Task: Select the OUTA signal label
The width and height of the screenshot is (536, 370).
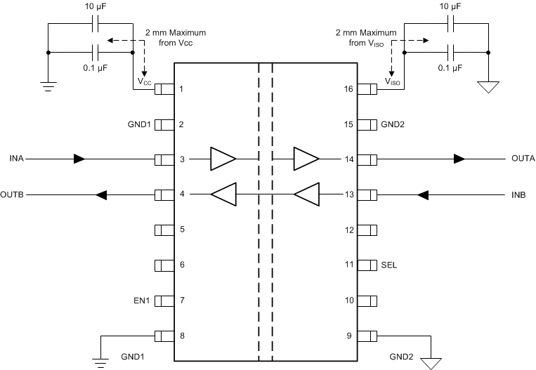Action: tap(523, 159)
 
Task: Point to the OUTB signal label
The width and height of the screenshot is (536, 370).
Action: tap(13, 194)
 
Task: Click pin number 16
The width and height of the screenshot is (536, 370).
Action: tap(348, 89)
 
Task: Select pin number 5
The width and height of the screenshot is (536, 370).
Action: tap(182, 230)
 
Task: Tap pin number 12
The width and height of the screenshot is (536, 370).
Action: tap(348, 230)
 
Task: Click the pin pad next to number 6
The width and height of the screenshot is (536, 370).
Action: tap(164, 265)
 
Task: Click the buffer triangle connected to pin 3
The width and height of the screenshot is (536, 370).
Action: tap(223, 159)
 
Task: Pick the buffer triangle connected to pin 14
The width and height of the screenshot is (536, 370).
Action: tap(306, 159)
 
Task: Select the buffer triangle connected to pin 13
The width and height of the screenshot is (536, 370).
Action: tap(306, 194)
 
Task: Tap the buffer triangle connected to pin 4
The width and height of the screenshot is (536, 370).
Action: tap(223, 194)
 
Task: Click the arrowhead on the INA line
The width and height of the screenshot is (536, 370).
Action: tap(79, 159)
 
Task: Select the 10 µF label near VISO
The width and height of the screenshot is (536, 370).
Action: tap(450, 6)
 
